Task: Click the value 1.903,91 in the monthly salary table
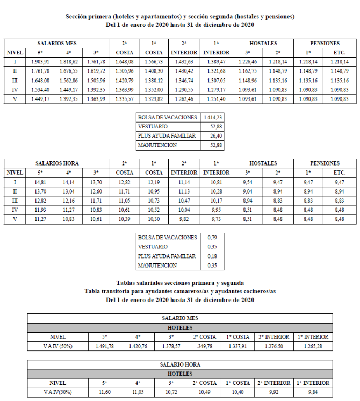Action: click(40, 62)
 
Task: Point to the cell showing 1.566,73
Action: click(155, 62)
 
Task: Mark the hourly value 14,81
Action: click(40, 183)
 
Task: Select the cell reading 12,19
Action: click(155, 183)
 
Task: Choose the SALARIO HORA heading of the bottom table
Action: click(180, 364)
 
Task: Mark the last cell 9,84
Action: click(312, 392)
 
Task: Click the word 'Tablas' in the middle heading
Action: click(127, 283)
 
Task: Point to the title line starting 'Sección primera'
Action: click(180, 17)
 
